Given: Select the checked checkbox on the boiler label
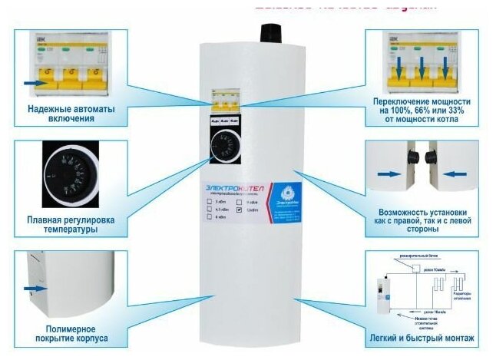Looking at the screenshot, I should (x=240, y=210).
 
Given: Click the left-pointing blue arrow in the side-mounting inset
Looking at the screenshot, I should (x=455, y=173).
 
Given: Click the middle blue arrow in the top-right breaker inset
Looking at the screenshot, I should (x=421, y=75).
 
